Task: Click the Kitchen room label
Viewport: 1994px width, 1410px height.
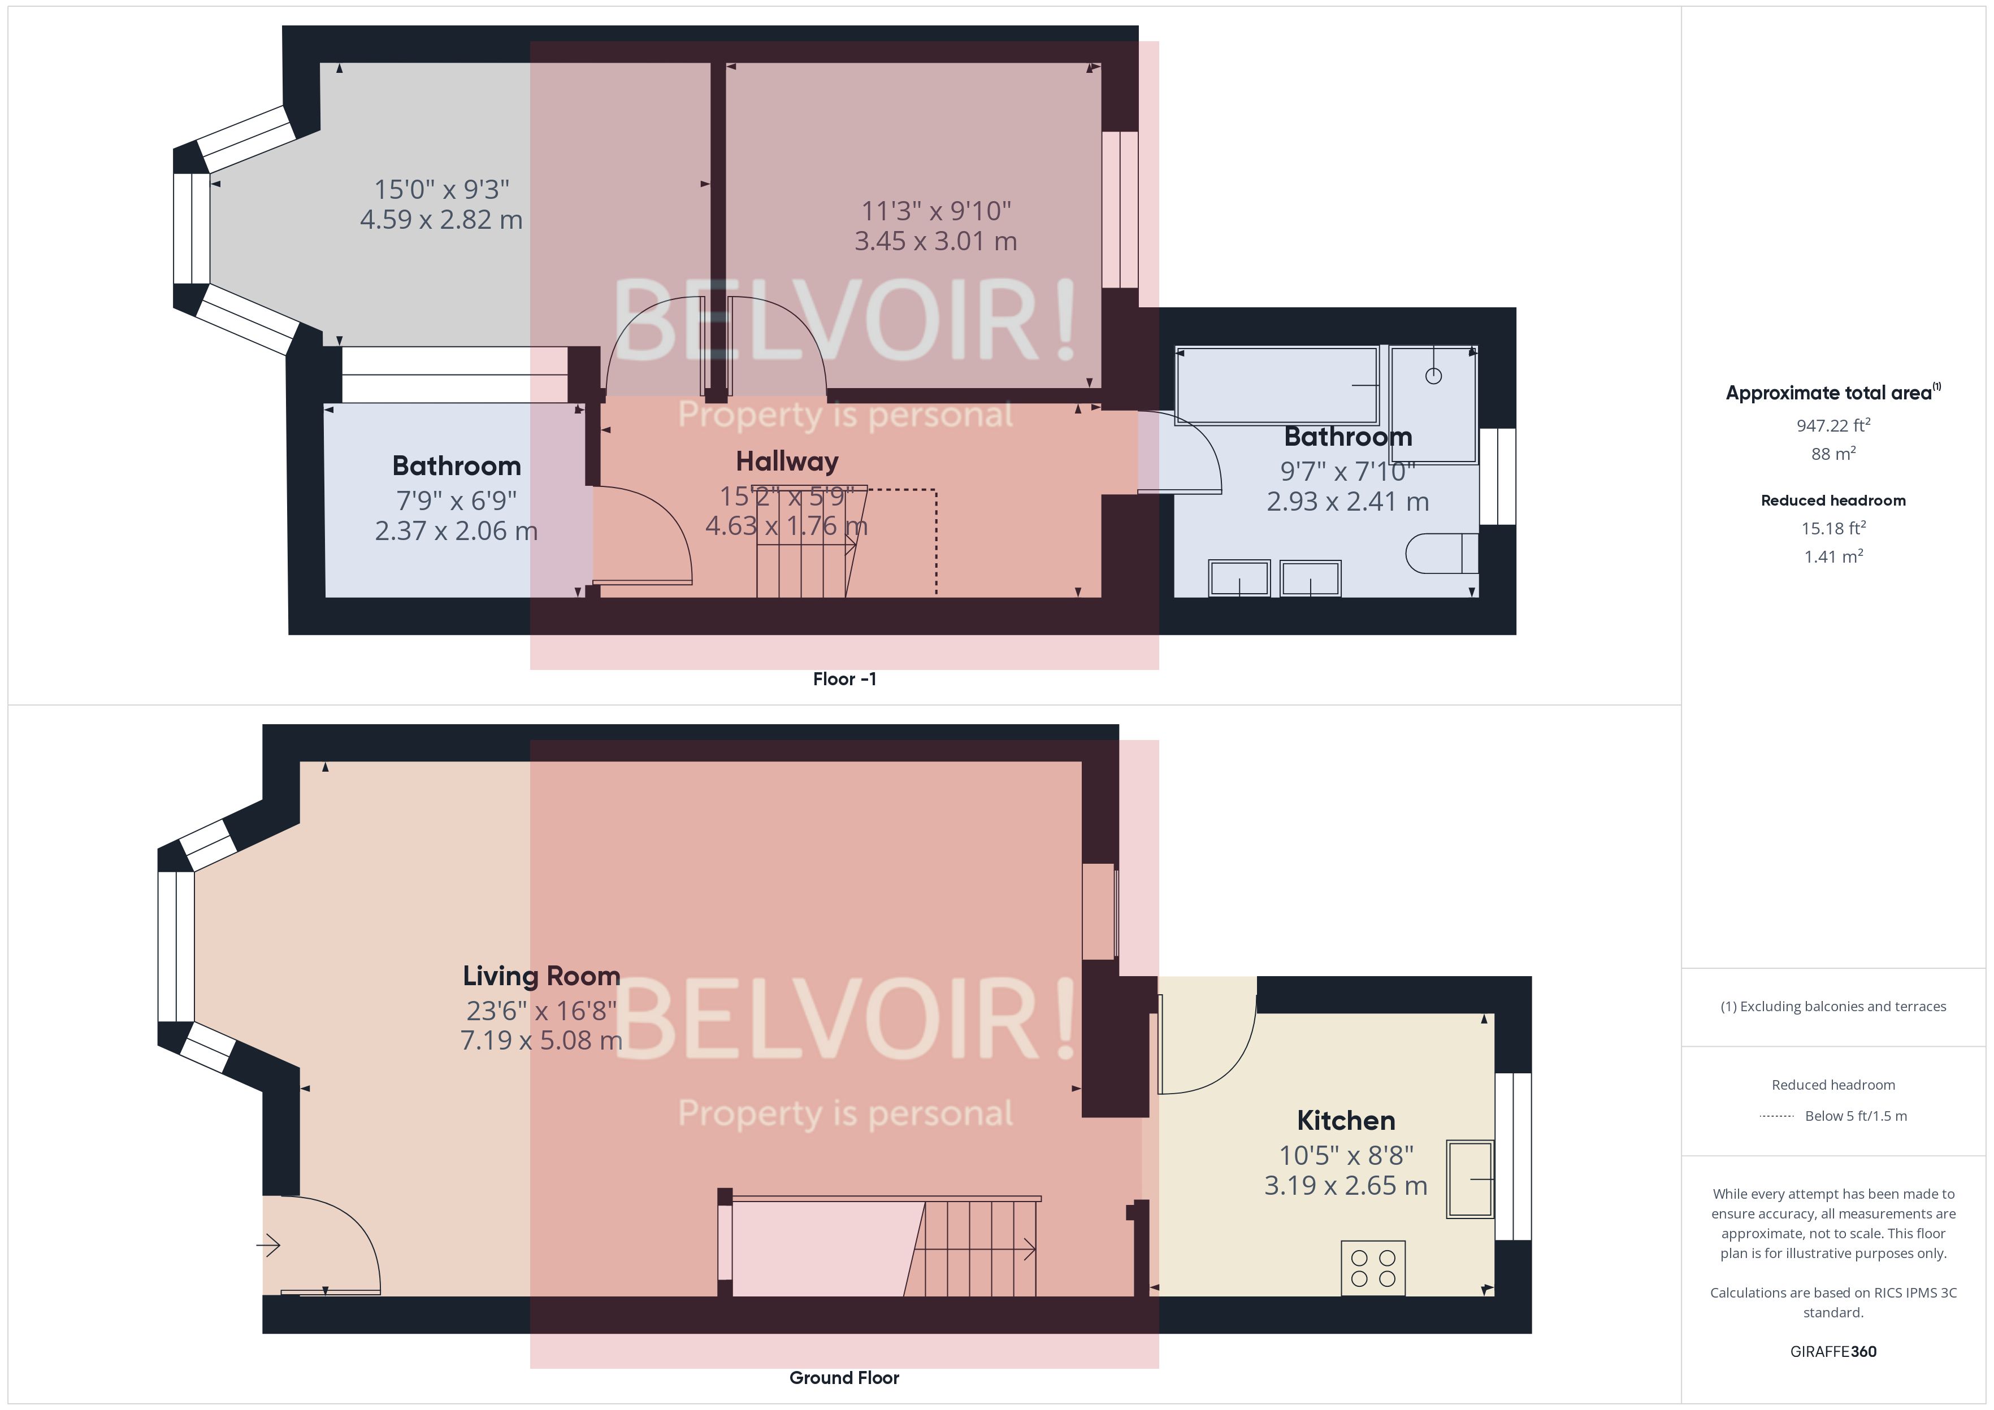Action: [x=1345, y=1120]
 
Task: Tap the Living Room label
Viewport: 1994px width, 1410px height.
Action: [x=541, y=976]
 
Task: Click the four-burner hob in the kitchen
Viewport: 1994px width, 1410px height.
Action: [x=1373, y=1268]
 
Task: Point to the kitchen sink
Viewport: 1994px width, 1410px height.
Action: [x=1470, y=1179]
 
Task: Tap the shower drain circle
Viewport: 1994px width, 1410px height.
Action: [x=1433, y=376]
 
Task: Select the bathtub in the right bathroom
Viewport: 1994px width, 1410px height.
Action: [x=1276, y=385]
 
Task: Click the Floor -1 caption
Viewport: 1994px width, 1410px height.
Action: [x=844, y=679]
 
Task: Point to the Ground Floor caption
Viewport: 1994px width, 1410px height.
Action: [x=844, y=1378]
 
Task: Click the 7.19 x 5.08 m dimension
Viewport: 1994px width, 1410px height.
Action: [x=541, y=1040]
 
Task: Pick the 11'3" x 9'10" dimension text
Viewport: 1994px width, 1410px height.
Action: [x=935, y=211]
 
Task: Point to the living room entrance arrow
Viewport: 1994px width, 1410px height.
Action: [x=268, y=1246]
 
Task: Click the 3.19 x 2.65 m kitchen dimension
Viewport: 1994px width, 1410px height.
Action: [x=1345, y=1185]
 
